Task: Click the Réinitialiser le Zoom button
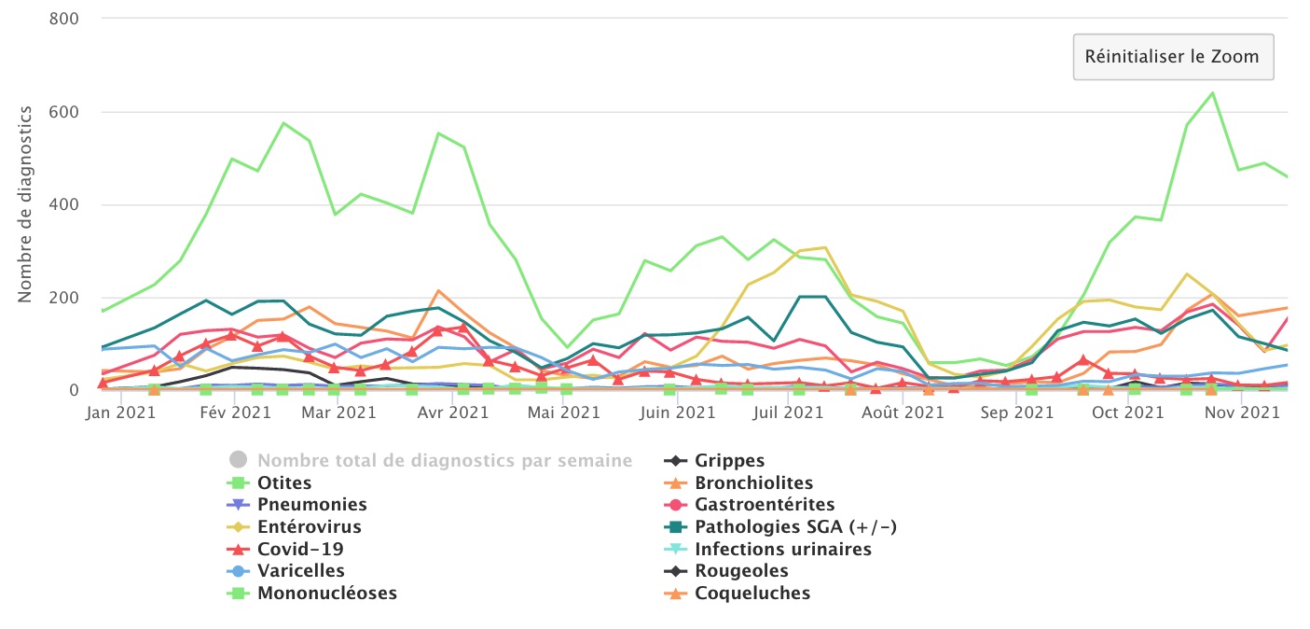1172,56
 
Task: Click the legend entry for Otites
284,483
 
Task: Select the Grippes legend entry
729,461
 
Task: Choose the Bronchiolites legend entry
753,483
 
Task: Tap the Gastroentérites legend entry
765,505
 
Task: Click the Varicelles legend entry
300,570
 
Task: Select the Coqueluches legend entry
752,593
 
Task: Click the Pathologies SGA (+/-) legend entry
795,527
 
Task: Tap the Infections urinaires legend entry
782,549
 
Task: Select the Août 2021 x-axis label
902,412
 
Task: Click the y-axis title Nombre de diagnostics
25,204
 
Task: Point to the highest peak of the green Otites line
1212,92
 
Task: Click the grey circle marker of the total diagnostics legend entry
238,460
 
